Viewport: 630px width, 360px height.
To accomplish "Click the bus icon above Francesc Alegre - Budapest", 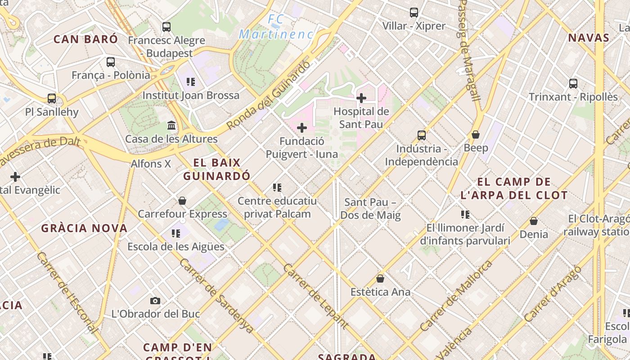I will coord(166,27).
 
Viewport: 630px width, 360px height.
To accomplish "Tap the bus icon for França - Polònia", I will coord(111,62).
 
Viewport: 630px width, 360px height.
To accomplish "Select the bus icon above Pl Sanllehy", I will coord(52,99).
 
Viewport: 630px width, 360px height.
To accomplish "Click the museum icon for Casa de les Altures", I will coord(171,125).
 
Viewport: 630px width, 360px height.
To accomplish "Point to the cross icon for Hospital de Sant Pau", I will coord(361,98).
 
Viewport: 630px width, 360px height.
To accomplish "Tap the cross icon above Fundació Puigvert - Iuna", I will coord(301,128).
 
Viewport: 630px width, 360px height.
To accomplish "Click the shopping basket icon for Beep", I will coord(476,135).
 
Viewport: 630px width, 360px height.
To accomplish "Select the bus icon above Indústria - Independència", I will coord(422,135).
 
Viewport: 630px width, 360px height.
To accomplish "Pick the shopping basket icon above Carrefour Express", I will coord(182,201).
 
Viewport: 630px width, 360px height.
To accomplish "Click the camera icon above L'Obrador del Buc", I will coord(155,301).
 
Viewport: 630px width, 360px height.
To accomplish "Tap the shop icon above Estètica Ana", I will coord(380,279).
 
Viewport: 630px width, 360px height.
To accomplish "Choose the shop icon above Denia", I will coord(534,221).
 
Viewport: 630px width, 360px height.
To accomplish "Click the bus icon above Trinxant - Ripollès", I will coord(573,83).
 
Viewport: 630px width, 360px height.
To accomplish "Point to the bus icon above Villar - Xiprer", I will coord(414,13).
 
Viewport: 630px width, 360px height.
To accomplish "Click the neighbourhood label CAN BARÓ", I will coord(85,39).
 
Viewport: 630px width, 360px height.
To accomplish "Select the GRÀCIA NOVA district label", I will coord(85,228).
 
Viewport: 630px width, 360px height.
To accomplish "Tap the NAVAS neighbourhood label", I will coord(589,38).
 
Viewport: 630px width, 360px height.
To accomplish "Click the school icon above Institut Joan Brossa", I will coord(191,82).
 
